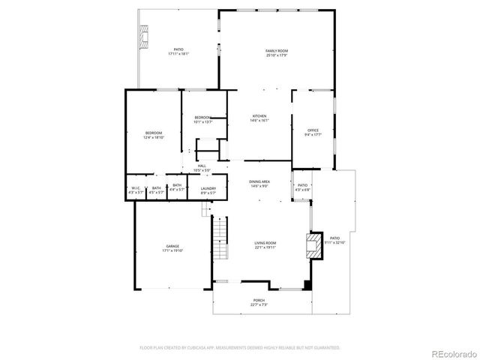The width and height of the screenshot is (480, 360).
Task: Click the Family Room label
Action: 277,52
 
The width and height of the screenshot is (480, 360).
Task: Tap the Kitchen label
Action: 259,118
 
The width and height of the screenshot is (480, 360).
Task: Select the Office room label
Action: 313,133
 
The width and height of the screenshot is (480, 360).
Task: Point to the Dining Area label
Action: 259,184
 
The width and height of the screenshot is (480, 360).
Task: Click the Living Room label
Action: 265,245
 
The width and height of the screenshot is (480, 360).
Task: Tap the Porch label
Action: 259,302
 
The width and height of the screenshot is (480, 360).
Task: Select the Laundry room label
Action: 208,190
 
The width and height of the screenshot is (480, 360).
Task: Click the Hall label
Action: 202,168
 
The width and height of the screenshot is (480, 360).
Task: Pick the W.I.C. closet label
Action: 136,190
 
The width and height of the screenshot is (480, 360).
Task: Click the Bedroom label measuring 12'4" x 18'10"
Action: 153,135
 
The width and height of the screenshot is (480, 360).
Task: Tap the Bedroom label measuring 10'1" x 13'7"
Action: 203,119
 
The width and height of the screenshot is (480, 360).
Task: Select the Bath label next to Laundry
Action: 177,187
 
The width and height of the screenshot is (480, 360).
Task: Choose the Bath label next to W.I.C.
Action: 156,190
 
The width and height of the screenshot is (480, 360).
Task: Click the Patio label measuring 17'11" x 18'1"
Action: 178,52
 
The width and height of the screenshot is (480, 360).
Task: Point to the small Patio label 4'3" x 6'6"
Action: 303,187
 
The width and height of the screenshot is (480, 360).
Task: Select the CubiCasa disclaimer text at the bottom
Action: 240,348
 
